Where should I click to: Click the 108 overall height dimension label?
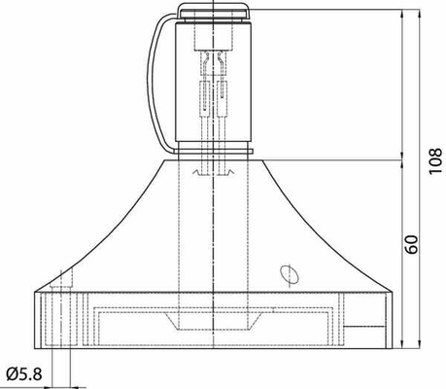[435, 161]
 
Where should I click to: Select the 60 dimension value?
[412, 244]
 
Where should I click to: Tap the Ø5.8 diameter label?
[24, 374]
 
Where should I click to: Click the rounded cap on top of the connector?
[215, 11]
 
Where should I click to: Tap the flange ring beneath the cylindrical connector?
[213, 152]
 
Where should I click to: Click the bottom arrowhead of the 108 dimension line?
[420, 344]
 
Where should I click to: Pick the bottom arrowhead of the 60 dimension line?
[402, 344]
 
